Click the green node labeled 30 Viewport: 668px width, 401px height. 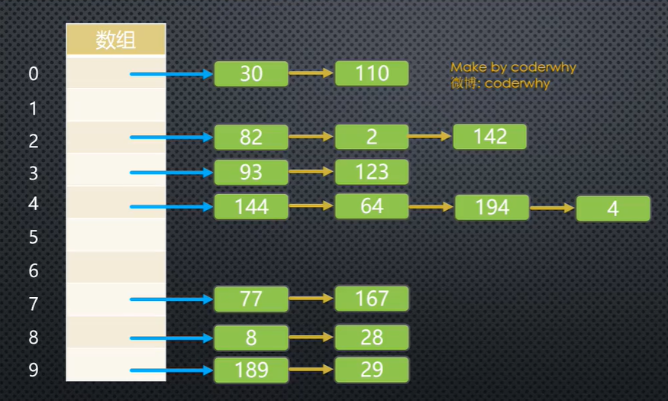[x=251, y=73]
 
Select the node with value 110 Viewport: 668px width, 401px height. [x=372, y=73]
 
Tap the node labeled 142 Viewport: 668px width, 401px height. [x=490, y=136]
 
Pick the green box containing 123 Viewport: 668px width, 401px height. [x=372, y=172]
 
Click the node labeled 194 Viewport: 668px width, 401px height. [x=492, y=207]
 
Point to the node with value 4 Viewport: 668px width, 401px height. [x=613, y=209]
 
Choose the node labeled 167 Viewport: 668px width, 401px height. [x=372, y=298]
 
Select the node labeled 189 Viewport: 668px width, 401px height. [x=251, y=370]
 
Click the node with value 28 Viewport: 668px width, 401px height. [x=372, y=338]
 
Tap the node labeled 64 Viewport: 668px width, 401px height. [x=372, y=206]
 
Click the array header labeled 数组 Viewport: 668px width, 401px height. [x=116, y=40]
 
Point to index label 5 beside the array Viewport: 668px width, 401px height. [x=34, y=238]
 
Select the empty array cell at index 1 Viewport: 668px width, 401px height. [x=116, y=105]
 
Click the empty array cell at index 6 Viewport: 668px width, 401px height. [x=116, y=268]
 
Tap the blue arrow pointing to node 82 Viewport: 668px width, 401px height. [x=171, y=137]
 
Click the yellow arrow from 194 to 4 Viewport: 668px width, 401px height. [x=553, y=207]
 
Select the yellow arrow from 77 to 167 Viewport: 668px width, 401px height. [x=311, y=299]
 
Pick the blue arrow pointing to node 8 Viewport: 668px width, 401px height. [x=171, y=338]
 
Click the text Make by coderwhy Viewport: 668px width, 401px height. [x=513, y=67]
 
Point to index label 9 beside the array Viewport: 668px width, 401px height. [x=34, y=370]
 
